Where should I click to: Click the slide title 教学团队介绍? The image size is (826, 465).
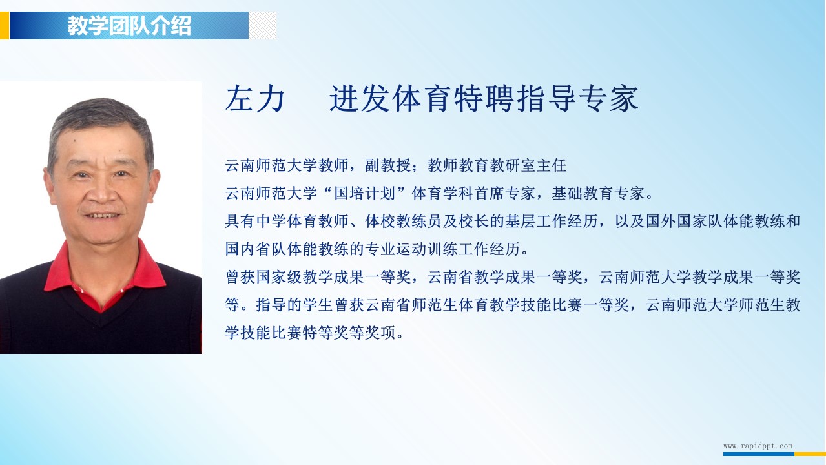point(129,25)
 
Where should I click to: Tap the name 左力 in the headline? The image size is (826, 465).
point(255,98)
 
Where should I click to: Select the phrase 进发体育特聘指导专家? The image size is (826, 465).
point(484,98)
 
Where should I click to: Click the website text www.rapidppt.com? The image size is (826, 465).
point(758,446)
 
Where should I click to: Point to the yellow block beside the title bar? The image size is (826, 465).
point(5,25)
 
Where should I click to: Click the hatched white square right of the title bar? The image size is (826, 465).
point(263,25)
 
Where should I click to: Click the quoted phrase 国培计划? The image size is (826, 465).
point(364,193)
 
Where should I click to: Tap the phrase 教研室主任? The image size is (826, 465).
point(528,165)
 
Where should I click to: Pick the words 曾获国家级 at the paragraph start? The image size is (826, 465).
point(263,277)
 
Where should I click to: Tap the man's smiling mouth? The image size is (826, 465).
point(103,215)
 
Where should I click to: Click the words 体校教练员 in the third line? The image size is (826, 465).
point(403,222)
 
